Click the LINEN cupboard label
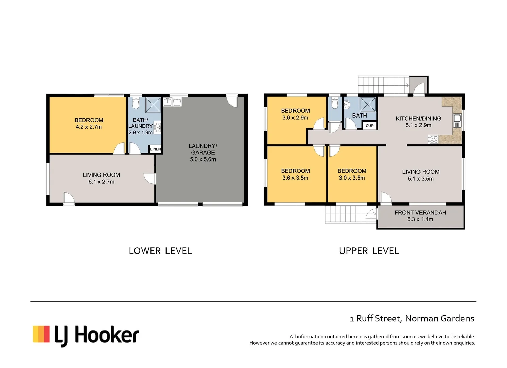pos(156,149)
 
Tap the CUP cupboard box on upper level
pos(369,126)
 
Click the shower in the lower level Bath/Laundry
pos(153,105)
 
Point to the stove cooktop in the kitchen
pos(433,139)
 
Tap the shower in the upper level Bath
pos(368,105)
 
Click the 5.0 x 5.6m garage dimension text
pos(203,159)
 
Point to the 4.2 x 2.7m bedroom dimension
pos(89,127)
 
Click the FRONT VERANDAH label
pos(420,213)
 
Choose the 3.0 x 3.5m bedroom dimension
pos(352,178)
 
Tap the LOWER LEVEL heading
pos(160,251)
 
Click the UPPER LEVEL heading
pos(369,251)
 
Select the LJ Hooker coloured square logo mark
pos(41,334)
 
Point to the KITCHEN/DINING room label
pos(418,119)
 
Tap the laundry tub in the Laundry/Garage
pos(177,102)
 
